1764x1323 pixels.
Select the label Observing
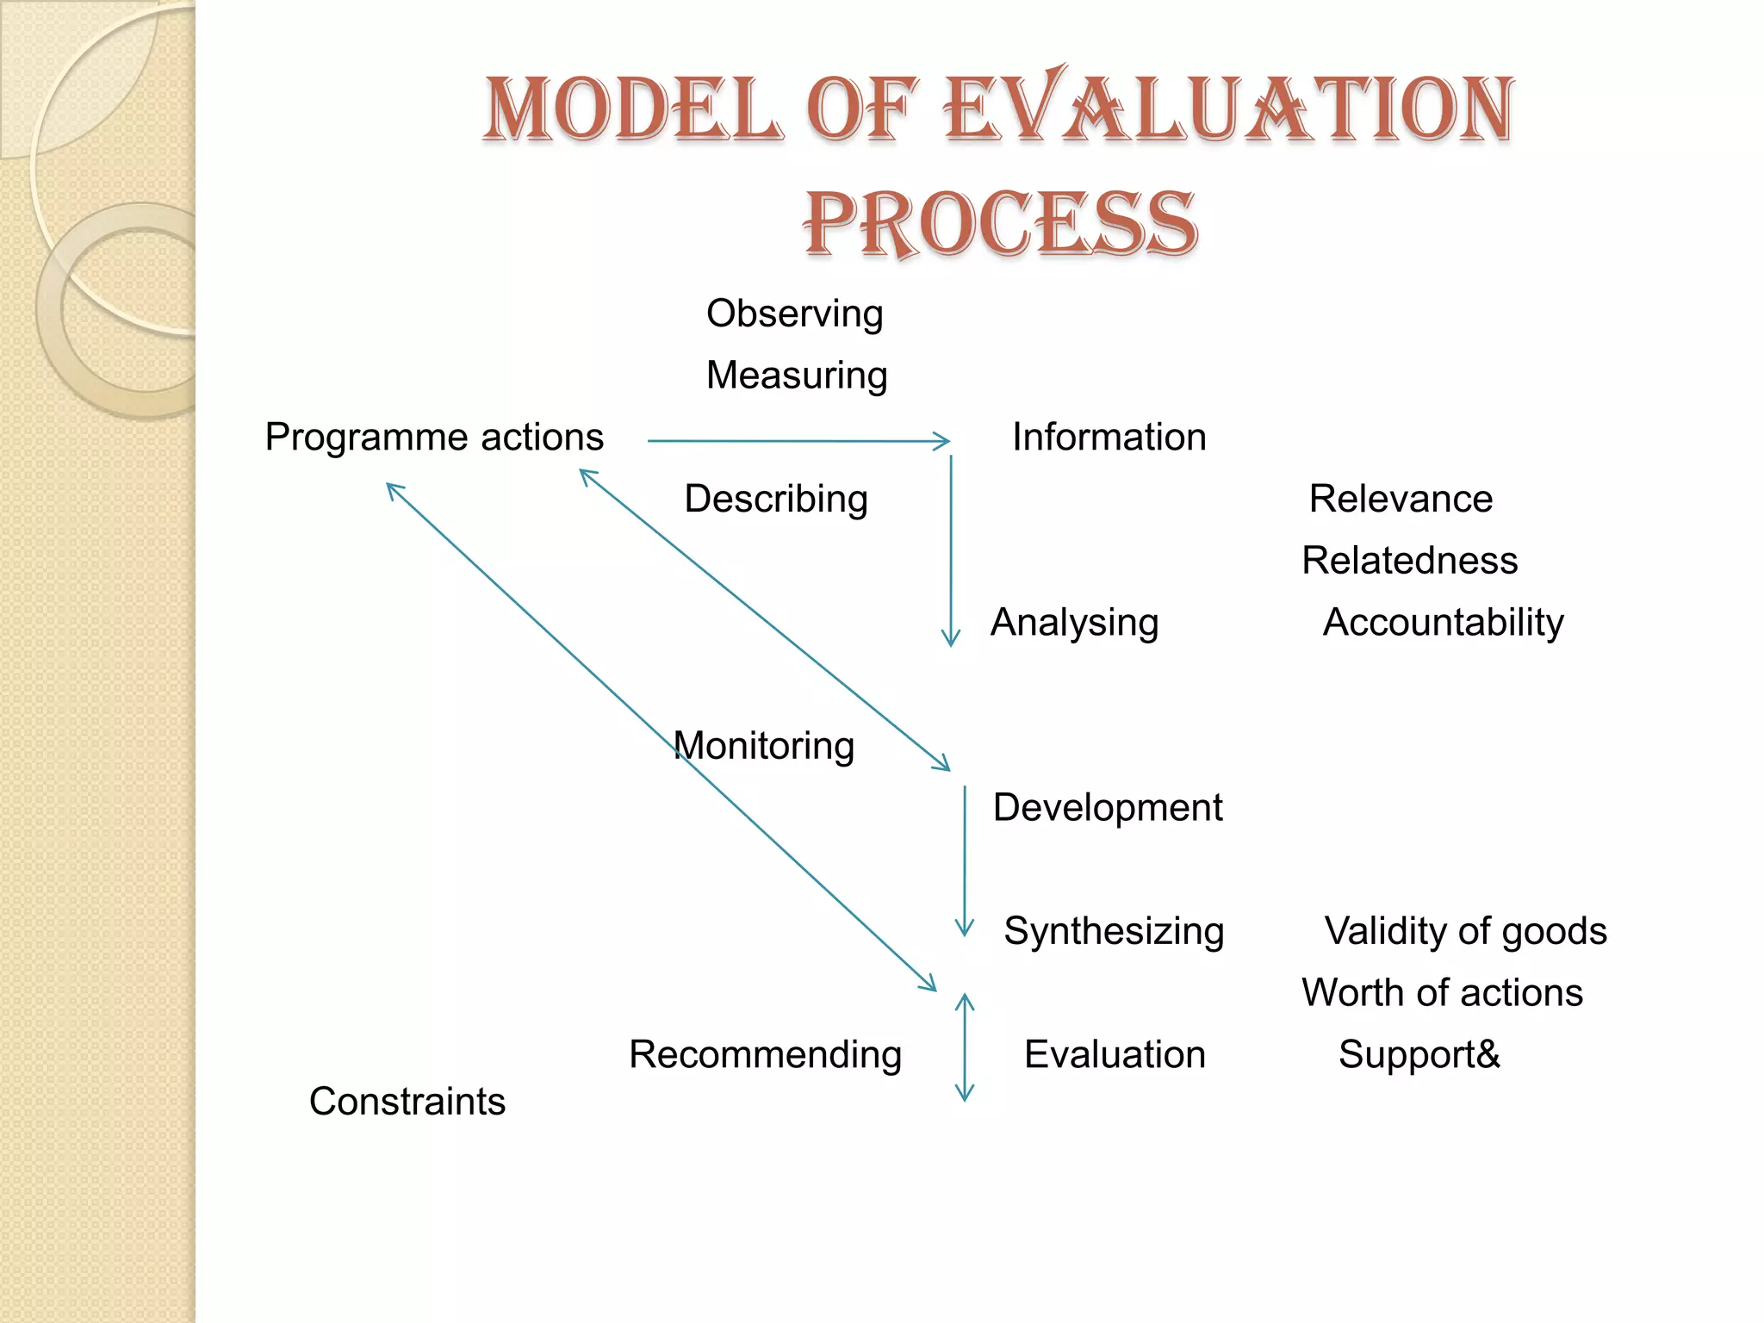[x=794, y=314]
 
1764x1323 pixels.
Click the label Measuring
[x=797, y=376]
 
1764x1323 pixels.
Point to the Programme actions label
[x=434, y=438]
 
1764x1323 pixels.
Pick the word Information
[x=1109, y=438]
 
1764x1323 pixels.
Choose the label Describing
[x=776, y=500]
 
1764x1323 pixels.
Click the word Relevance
[x=1401, y=500]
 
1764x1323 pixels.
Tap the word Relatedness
[x=1409, y=561]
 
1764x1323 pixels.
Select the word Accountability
[x=1443, y=623]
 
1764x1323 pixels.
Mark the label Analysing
[x=1074, y=623]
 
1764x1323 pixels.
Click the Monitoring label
[x=764, y=746]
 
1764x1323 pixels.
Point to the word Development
[x=1108, y=808]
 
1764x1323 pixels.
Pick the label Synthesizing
[x=1114, y=931]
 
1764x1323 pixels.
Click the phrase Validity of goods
[x=1465, y=931]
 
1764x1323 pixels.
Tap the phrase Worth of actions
[x=1442, y=993]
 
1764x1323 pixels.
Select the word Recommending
[x=765, y=1055]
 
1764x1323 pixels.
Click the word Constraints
[x=407, y=1102]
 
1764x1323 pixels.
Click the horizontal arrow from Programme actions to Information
[x=798, y=441]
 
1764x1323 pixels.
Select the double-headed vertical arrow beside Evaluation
[x=965, y=1047]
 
